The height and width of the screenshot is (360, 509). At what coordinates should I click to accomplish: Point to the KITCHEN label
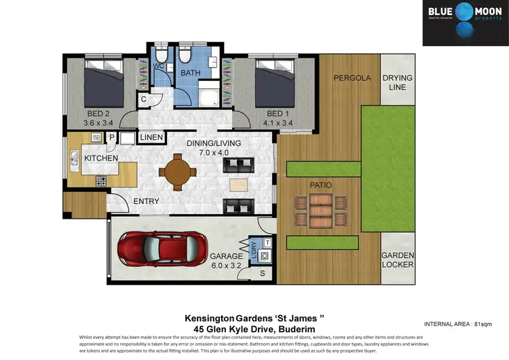(x=101, y=158)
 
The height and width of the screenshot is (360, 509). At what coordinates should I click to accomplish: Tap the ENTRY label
(x=146, y=201)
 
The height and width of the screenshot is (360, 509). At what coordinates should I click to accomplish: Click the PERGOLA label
(x=352, y=78)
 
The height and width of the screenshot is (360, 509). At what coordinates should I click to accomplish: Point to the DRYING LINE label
(x=397, y=83)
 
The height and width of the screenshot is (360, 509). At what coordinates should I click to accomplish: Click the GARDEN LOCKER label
(x=397, y=259)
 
